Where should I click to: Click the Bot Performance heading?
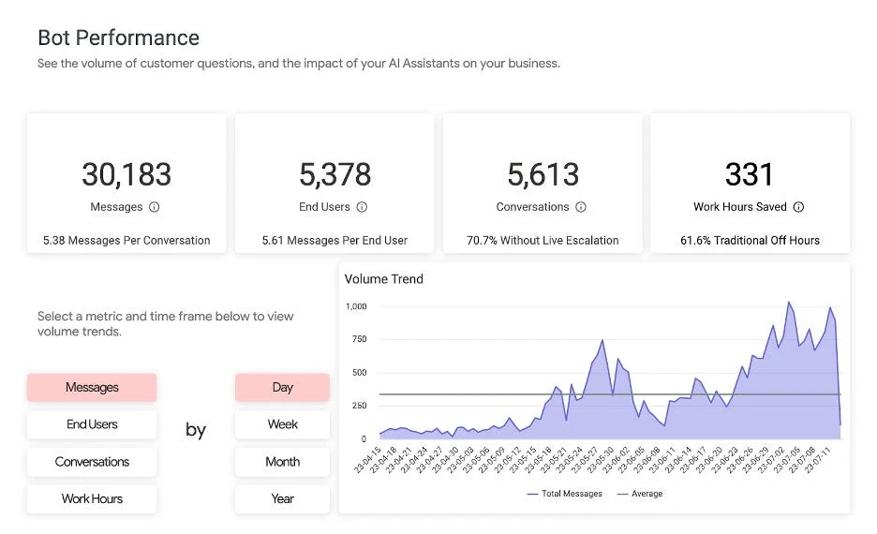118,38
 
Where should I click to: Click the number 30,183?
126,174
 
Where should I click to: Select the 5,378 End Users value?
334,174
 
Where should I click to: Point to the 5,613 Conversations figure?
543,174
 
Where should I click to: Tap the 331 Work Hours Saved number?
750,174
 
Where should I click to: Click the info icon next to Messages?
155,207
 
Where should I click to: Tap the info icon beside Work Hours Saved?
798,207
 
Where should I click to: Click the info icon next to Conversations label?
581,207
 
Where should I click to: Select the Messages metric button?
92,388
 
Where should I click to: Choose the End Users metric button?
92,424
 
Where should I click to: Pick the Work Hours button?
92,498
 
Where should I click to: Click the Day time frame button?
282,388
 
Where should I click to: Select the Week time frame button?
282,424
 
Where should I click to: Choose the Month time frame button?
282,462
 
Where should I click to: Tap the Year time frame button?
282,498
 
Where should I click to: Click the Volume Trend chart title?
384,279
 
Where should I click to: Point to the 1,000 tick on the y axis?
356,306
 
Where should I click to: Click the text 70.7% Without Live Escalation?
543,241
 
